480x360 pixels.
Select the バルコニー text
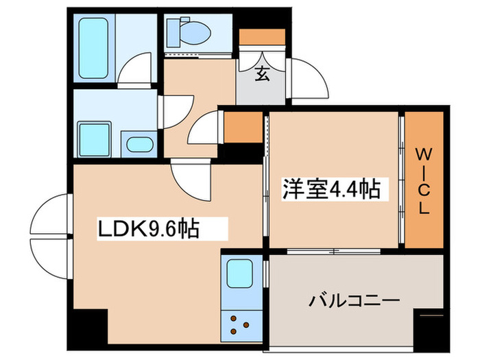tap(354, 300)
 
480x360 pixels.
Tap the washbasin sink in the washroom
tap(141, 145)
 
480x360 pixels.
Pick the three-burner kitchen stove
tap(241, 322)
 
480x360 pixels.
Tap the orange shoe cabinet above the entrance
tap(261, 36)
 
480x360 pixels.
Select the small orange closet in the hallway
tap(243, 128)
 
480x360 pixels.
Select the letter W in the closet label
tap(423, 152)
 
